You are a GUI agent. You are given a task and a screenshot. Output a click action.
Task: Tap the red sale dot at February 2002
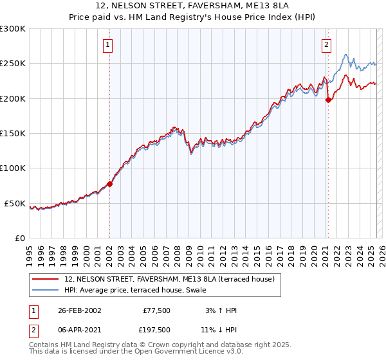coord(109,184)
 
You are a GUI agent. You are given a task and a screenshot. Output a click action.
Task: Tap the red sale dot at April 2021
coord(328,100)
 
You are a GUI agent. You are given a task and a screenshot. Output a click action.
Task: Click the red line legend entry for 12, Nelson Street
coord(169,278)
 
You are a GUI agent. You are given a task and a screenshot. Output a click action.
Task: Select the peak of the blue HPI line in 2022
coord(345,54)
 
